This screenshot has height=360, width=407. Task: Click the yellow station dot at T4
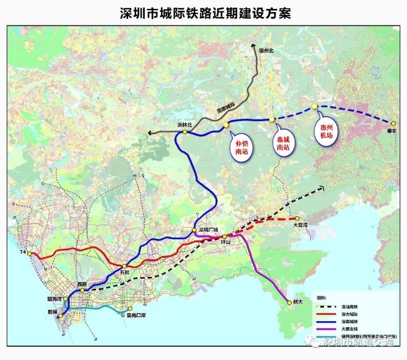point(30,253)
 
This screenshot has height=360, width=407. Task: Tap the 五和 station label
point(125,273)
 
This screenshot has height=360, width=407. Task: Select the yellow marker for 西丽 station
point(82,290)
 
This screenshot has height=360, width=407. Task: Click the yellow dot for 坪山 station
point(224,237)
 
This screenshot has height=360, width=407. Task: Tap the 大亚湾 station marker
point(297,218)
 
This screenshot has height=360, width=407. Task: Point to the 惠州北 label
point(266,51)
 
